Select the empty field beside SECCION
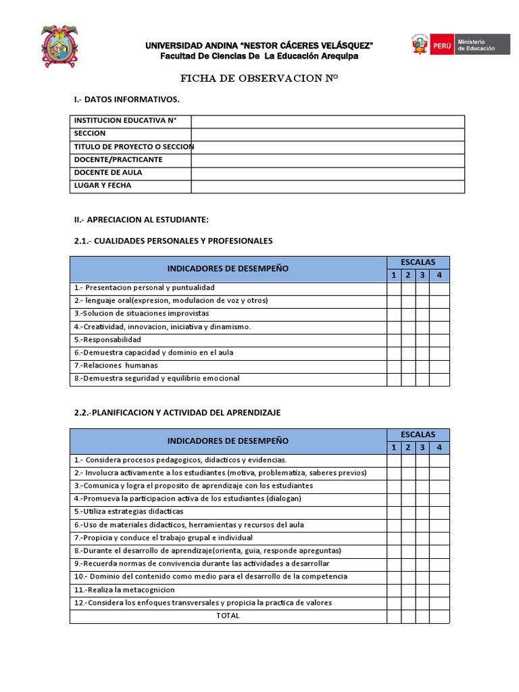pos(328,134)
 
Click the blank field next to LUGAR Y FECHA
pos(328,186)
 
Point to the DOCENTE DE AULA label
pos(108,173)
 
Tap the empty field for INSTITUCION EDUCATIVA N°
pos(328,121)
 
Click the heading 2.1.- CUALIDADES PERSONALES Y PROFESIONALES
pos(173,241)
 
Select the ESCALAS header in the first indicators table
pos(418,262)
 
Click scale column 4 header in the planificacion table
pos(439,447)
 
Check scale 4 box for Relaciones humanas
pos(439,366)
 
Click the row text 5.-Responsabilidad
pos(108,340)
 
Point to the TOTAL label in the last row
pos(228,616)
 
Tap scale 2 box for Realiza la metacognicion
pos(408,590)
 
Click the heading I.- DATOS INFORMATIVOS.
pos(127,100)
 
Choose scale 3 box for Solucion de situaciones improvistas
pos(422,314)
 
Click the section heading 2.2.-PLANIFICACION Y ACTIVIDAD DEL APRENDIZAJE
pos(177,412)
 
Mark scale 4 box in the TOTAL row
pos(439,616)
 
